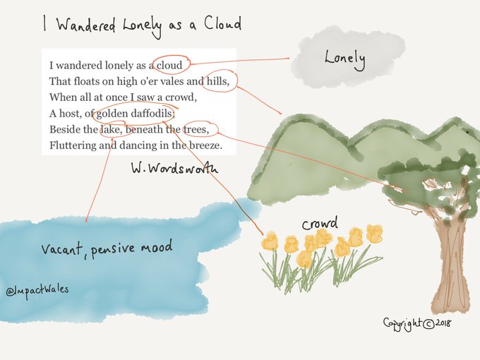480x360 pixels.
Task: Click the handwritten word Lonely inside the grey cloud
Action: coord(344,58)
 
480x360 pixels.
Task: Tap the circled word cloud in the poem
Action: coord(169,66)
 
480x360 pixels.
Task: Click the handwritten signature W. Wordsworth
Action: coord(174,169)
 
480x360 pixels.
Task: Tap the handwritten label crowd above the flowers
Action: coord(320,224)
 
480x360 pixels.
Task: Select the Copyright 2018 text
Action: coord(417,323)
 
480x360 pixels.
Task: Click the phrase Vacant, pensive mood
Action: coord(106,248)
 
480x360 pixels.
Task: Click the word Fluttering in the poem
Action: coord(73,146)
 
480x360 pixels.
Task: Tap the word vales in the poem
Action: coord(172,81)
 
